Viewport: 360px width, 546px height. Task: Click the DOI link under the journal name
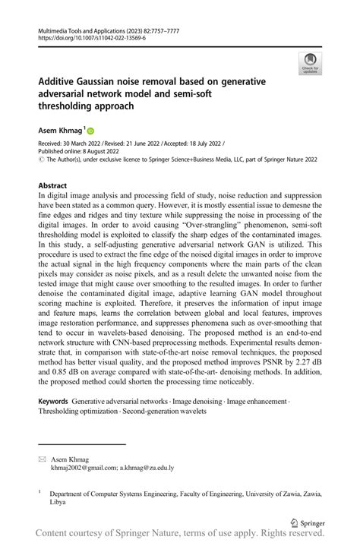[85, 37]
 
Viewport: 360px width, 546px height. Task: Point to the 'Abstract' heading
[55, 185]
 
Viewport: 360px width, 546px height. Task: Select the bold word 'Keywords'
[53, 401]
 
